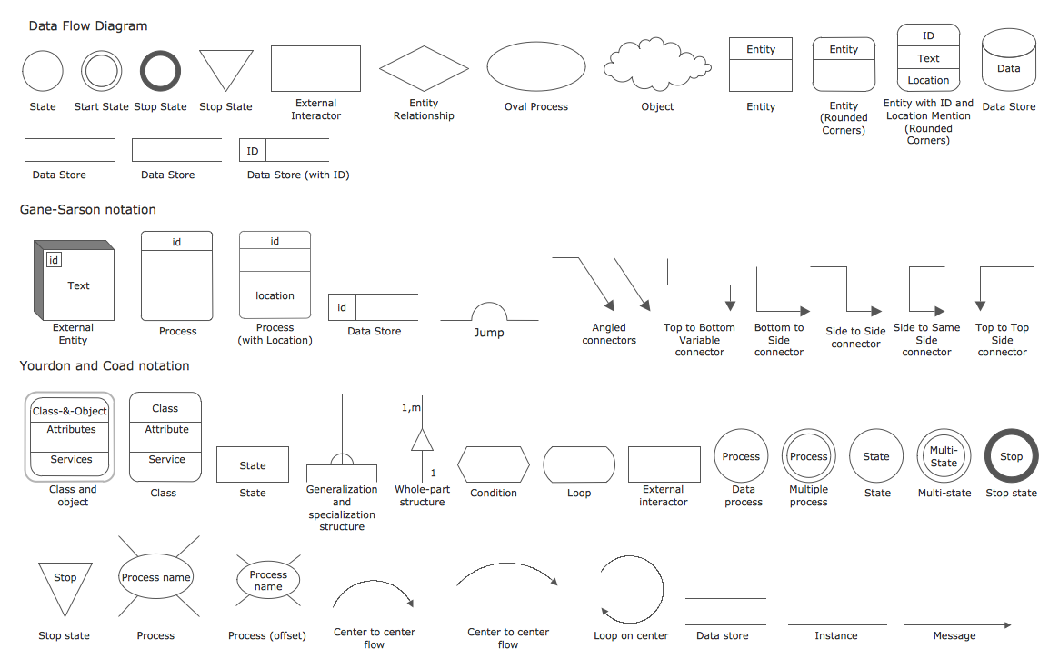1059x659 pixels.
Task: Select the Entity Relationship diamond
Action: click(x=424, y=69)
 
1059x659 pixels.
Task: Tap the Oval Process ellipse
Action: click(x=536, y=68)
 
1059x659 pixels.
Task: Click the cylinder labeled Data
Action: click(x=1008, y=64)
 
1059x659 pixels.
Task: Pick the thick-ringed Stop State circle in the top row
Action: click(x=160, y=71)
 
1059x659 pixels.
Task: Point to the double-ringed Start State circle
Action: click(x=101, y=71)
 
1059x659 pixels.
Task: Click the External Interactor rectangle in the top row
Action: click(x=315, y=68)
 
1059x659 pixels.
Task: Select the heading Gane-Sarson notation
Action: click(x=88, y=210)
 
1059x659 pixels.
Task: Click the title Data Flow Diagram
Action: click(x=88, y=26)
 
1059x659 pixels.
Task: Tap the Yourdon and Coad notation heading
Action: click(x=105, y=366)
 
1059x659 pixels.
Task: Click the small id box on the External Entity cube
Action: click(x=54, y=261)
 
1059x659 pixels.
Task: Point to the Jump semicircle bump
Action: click(x=489, y=312)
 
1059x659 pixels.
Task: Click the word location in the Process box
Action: click(x=275, y=295)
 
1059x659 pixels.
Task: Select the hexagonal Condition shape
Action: click(x=493, y=464)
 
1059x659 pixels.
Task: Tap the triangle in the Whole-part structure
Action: click(x=422, y=441)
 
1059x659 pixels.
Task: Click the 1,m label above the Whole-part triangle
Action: click(x=411, y=408)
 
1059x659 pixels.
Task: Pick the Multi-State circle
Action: click(x=944, y=456)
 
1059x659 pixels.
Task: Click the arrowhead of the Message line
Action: click(x=1006, y=624)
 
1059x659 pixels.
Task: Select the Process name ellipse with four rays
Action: click(x=155, y=577)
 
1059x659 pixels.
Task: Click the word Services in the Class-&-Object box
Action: click(x=71, y=460)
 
